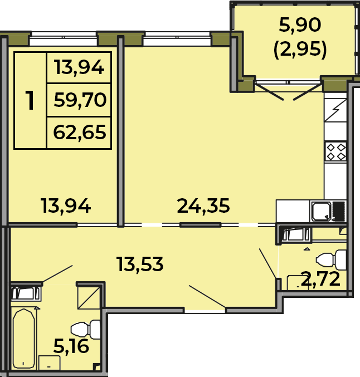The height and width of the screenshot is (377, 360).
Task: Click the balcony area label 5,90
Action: click(300, 25)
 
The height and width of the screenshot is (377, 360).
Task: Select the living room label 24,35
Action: click(203, 206)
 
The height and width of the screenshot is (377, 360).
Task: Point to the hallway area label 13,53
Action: click(140, 265)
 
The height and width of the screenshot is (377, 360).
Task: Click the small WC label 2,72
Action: click(320, 279)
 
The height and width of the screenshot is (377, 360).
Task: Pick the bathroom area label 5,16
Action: click(71, 346)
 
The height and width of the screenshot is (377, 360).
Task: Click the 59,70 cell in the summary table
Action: click(79, 100)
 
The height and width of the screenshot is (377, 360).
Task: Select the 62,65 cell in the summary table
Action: click(79, 133)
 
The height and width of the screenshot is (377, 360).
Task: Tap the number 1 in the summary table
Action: click(30, 100)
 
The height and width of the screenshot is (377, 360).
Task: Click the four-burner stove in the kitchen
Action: click(336, 152)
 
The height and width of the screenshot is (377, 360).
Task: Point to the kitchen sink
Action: click(322, 212)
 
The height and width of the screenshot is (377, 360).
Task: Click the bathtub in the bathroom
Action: click(24, 339)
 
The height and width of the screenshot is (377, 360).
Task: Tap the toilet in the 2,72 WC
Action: click(331, 260)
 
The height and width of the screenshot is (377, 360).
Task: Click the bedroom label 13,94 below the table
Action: click(66, 206)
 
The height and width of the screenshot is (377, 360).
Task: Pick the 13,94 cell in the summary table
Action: click(79, 68)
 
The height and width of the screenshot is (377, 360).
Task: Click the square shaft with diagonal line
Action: click(89, 298)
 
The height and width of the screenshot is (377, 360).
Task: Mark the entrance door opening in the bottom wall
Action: click(205, 311)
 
